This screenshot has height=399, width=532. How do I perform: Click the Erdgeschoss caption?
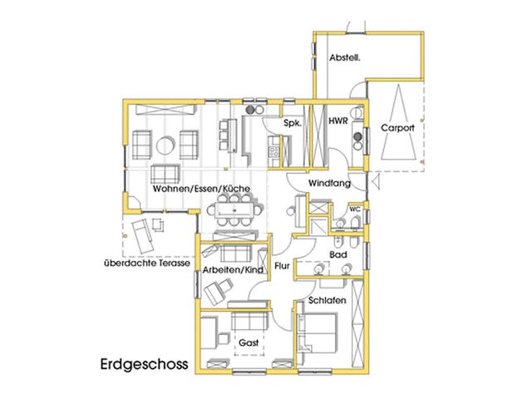142,364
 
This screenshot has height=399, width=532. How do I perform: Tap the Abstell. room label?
345,58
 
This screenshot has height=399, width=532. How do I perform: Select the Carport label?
397,129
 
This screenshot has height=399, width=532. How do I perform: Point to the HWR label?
337,121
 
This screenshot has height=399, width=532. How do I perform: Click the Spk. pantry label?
291,122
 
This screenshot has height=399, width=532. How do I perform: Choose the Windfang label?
328,181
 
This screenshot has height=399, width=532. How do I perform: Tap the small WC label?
353,209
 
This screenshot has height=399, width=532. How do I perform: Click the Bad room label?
337,254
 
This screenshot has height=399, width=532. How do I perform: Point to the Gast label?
248,342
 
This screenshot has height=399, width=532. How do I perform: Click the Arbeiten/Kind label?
233,270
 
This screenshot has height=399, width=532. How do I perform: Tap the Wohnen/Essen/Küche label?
202,190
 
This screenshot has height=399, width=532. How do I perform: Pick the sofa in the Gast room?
248,319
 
